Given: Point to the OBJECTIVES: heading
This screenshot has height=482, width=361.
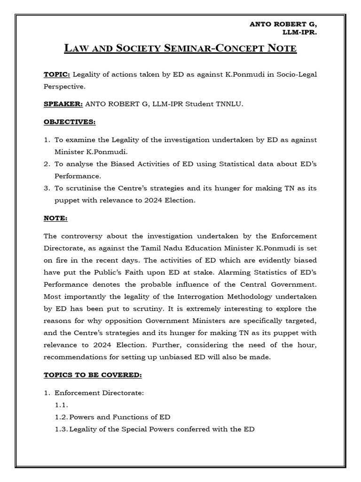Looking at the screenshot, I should tap(69, 122).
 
